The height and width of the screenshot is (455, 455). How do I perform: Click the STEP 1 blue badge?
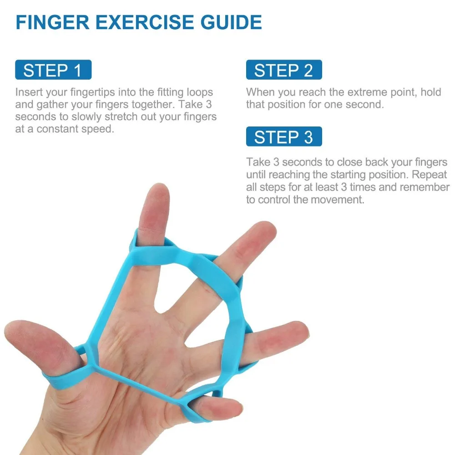pos(53,71)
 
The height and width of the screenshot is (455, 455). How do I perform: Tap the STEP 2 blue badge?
pos(284,71)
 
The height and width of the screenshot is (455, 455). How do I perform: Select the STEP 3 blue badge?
pos(284,137)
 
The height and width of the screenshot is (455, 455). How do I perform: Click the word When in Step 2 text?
pos(261,92)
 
